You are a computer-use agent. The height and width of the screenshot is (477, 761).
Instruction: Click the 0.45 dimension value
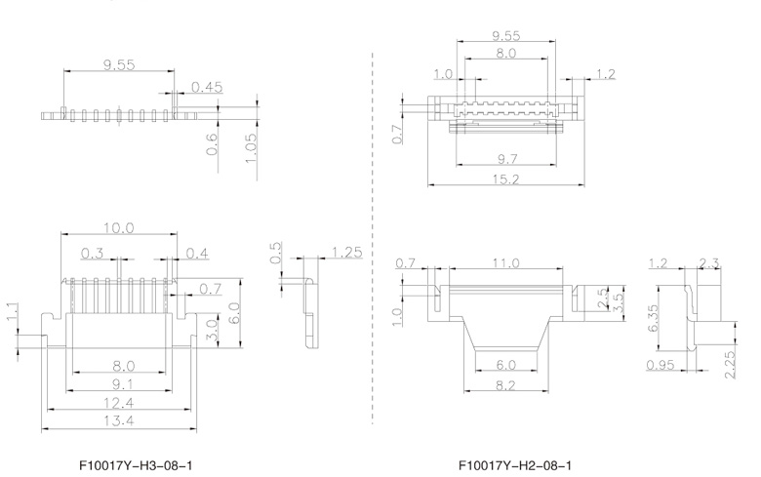207,88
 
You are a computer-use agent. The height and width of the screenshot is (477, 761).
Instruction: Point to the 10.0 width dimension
119,227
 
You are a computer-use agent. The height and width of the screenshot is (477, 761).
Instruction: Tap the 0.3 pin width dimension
94,254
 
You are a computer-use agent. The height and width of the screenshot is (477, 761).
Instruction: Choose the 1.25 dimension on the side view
346,253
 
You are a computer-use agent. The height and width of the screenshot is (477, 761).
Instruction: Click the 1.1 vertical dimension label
12,312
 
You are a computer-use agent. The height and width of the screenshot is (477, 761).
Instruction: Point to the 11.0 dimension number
505,263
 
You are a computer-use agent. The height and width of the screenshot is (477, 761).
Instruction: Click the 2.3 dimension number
711,262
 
